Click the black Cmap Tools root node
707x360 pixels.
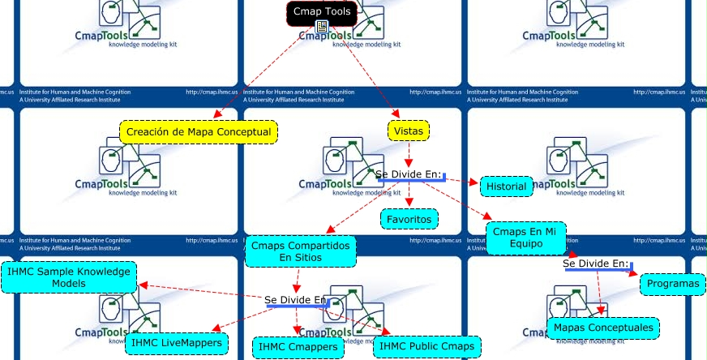pyautogui.click(x=322, y=12)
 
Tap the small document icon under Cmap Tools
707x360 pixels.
pyautogui.click(x=322, y=28)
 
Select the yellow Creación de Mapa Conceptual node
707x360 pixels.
pyautogui.click(x=199, y=131)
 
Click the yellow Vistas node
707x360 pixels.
pyautogui.click(x=409, y=131)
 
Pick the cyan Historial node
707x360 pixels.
pyautogui.click(x=507, y=186)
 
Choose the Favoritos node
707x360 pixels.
pyautogui.click(x=409, y=219)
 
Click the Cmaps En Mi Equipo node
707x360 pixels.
pyautogui.click(x=526, y=238)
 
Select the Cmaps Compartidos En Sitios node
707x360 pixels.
pyautogui.click(x=300, y=251)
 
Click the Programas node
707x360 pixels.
pyautogui.click(x=673, y=285)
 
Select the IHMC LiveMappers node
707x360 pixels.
pyautogui.click(x=175, y=344)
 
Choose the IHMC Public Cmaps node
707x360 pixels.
pyautogui.click(x=426, y=347)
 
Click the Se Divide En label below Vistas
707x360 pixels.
pyautogui.click(x=408, y=174)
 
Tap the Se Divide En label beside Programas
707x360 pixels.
pyautogui.click(x=596, y=264)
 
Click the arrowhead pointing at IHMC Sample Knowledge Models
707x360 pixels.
pyautogui.click(x=142, y=284)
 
